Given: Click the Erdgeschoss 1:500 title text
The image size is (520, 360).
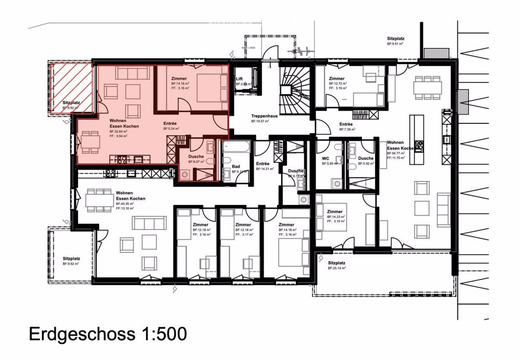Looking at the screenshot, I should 107,334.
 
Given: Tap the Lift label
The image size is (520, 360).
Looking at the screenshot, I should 240,79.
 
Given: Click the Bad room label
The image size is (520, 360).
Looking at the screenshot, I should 236,166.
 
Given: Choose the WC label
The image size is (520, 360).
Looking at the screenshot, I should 326,158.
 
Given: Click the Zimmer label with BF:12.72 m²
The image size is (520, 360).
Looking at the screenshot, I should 337,79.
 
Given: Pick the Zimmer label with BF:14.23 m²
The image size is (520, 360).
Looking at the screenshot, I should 335,212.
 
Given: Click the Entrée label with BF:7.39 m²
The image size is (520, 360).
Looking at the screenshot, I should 346,124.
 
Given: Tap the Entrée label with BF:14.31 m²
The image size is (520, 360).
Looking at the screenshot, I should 263,164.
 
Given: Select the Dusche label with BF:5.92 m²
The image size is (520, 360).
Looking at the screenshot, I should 366,158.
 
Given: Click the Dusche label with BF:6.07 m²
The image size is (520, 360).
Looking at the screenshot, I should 196,156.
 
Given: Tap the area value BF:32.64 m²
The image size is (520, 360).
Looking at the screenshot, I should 119,132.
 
